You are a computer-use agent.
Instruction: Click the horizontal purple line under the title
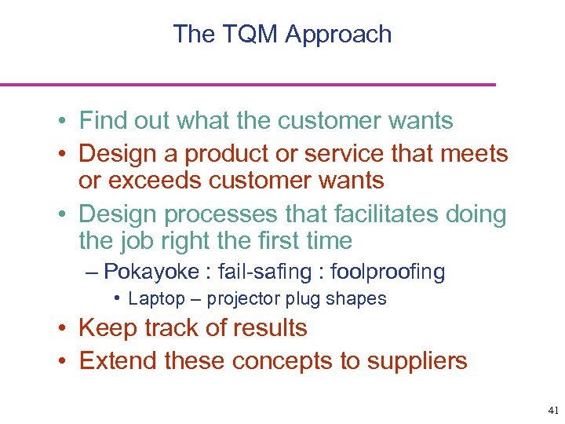click(248, 84)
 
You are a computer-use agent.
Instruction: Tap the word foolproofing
click(388, 272)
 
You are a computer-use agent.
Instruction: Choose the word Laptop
click(156, 298)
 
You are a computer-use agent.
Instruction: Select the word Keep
click(107, 327)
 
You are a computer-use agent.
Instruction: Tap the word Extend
click(116, 361)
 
